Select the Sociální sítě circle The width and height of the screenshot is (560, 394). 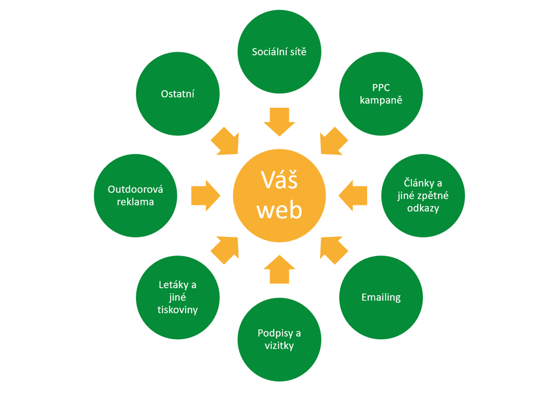pos(279,52)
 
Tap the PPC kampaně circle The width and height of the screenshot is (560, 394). pos(381,94)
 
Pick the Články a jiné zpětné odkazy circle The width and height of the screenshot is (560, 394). pos(423,195)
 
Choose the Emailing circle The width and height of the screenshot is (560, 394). pos(381,297)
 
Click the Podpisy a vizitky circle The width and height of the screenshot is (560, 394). pos(279,339)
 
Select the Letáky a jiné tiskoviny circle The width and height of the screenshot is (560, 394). pos(178,297)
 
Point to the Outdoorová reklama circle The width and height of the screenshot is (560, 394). pos(136,195)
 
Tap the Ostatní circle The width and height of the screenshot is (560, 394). pos(178,94)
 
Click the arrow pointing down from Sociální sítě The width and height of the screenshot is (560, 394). pos(279,122)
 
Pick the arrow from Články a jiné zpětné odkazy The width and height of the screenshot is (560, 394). pos(353,195)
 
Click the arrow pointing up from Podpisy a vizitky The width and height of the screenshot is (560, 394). pos(279,269)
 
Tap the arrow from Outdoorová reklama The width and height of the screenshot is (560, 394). pos(205,195)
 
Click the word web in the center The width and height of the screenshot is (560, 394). pos(279,210)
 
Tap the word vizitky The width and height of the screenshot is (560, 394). pos(279,346)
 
